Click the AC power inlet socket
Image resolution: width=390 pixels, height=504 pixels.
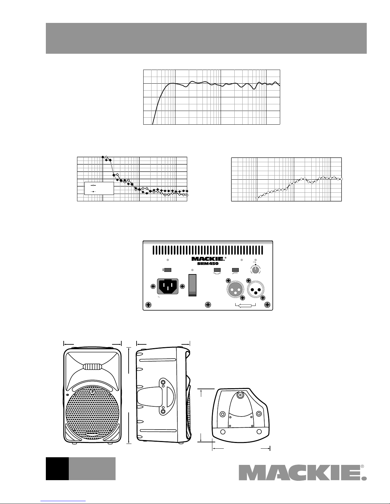(167, 287)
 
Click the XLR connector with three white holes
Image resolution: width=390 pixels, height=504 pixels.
(235, 289)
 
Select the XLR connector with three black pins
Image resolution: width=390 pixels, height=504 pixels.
(256, 289)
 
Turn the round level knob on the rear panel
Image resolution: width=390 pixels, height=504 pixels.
(255, 270)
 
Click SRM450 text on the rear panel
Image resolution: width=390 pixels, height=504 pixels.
(208, 264)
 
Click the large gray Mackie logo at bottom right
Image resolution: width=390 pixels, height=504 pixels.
(303, 473)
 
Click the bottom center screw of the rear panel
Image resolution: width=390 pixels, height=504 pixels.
(208, 305)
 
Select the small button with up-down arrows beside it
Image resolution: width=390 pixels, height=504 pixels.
(167, 270)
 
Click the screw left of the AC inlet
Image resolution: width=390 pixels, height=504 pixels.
(153, 287)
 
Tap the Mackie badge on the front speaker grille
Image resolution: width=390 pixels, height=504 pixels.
(92, 433)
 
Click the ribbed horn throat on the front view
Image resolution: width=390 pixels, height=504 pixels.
(92, 367)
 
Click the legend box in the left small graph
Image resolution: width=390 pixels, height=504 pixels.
(99, 188)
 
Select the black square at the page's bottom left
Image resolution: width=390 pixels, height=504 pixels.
(57, 469)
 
